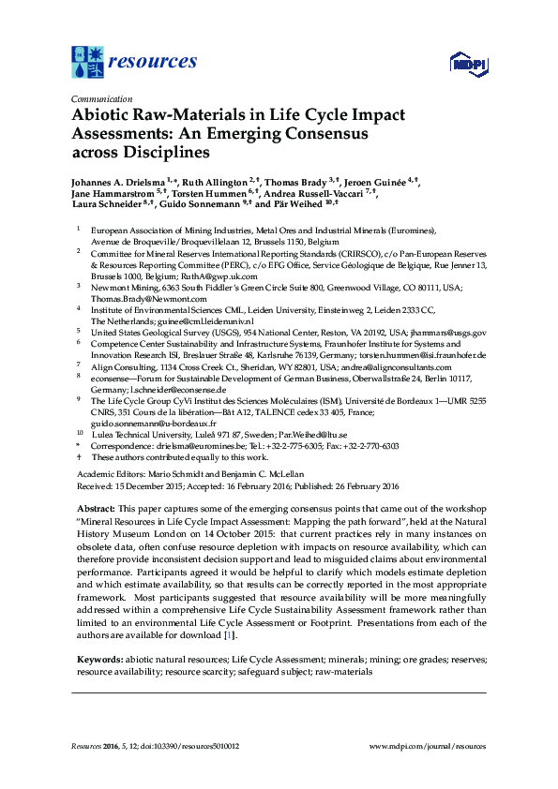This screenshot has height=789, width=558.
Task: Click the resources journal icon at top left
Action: pos(88,62)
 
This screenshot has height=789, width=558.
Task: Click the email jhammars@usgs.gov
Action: pos(447,333)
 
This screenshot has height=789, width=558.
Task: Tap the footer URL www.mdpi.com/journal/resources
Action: pos(428,747)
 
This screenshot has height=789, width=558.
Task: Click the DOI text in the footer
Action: pos(191,747)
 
